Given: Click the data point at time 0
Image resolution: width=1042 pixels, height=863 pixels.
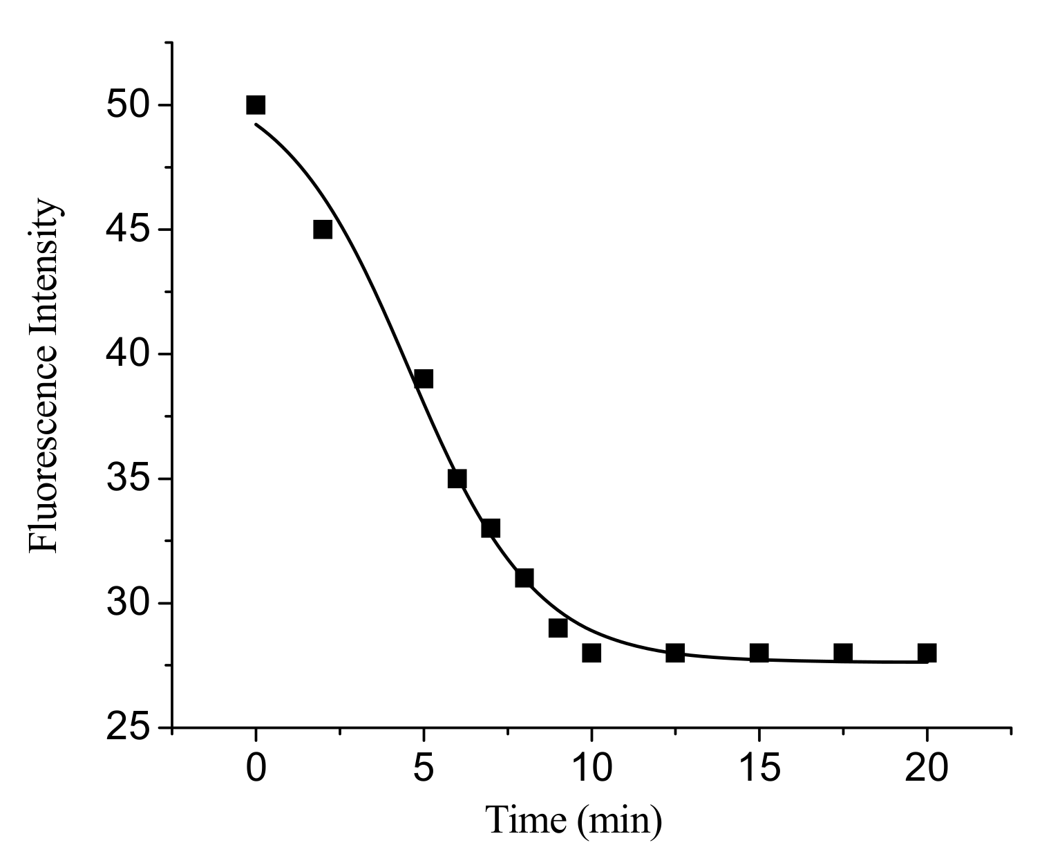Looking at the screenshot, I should click(x=256, y=105).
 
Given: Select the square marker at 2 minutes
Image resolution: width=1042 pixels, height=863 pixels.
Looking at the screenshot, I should click(x=323, y=230).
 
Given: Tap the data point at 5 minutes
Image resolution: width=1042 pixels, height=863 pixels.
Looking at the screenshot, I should click(x=424, y=379).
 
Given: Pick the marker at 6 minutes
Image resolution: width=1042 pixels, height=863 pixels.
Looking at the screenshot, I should click(x=457, y=479).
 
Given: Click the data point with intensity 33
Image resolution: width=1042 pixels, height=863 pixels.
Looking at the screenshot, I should click(x=491, y=528).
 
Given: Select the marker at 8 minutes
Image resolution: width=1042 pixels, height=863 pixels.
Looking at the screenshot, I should click(x=524, y=578).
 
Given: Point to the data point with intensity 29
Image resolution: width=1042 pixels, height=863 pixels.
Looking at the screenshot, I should click(x=558, y=628).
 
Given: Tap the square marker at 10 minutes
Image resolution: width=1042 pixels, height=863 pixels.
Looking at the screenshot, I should click(x=591, y=653).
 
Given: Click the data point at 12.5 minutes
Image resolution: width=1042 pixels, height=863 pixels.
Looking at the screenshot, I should click(x=675, y=653).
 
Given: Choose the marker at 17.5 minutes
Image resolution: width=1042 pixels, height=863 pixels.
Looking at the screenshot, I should click(x=843, y=653).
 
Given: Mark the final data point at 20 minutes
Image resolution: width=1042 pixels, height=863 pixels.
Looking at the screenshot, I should click(x=927, y=653).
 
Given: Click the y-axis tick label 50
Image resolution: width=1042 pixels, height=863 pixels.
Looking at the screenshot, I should click(x=129, y=106).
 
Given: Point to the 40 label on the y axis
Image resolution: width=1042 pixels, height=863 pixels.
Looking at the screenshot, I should click(x=129, y=355).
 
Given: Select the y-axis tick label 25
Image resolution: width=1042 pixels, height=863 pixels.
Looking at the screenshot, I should click(x=129, y=729).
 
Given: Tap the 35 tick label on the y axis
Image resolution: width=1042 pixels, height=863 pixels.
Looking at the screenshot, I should click(x=129, y=479).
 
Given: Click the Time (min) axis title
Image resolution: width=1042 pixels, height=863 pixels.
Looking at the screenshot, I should click(x=574, y=822).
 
